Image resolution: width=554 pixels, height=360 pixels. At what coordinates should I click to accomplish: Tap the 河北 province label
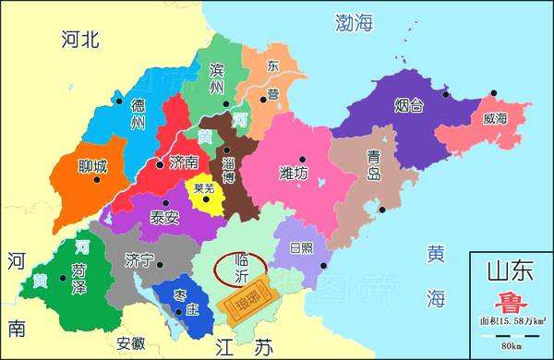coord(79,39)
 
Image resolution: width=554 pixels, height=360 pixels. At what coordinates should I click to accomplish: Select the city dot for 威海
coord(494,93)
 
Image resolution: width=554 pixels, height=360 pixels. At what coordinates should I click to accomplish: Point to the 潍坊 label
coord(294,173)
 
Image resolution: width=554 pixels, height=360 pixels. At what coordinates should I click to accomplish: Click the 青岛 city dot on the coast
coord(380,210)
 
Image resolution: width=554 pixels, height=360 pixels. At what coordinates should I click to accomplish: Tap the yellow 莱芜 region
coord(205,194)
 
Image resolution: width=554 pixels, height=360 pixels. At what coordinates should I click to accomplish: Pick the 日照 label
coord(301,248)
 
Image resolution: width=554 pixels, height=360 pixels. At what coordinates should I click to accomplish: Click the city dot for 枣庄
coord(183,292)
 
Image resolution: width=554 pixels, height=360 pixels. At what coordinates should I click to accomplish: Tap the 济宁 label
coord(139,260)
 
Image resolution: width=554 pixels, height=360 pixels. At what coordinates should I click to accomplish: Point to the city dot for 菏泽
coord(63,277)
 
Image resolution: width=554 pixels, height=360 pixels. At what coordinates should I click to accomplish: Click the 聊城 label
coord(91,167)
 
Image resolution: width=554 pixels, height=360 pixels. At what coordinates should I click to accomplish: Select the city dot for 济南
coord(160,164)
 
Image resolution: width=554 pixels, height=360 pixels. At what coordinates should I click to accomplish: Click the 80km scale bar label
coord(510,346)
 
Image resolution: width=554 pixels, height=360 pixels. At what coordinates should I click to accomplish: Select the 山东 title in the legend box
coord(510,271)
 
